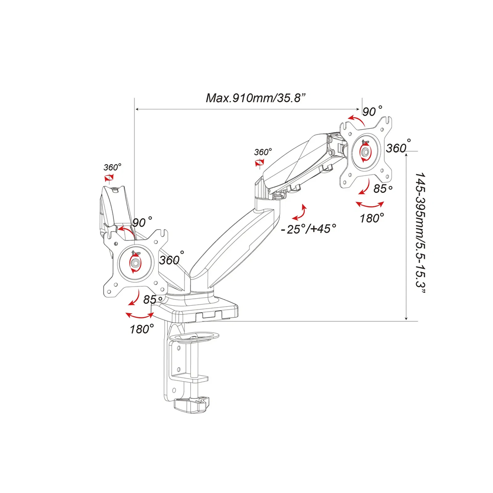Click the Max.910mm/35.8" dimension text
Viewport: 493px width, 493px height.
[x=256, y=98]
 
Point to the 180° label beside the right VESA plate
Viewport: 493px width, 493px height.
[x=372, y=217]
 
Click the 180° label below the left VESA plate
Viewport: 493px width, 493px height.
[x=142, y=329]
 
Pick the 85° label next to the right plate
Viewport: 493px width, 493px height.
[x=383, y=188]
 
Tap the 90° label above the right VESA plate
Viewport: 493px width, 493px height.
[x=372, y=111]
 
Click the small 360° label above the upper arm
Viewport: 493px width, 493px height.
[x=263, y=152]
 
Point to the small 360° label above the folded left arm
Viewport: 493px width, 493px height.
[x=112, y=167]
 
